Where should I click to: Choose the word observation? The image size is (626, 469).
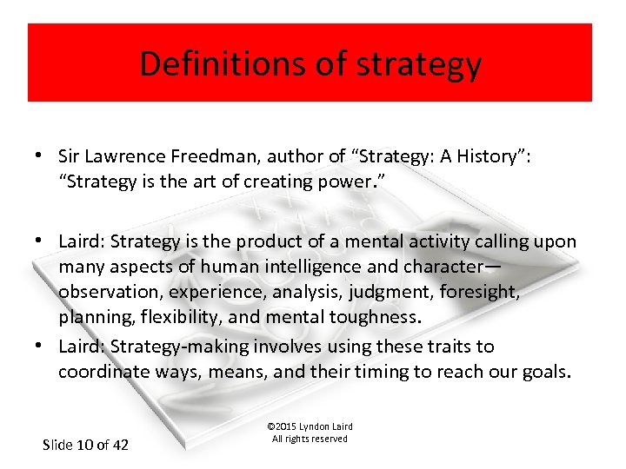tap(110, 291)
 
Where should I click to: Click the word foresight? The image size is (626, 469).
tap(482, 291)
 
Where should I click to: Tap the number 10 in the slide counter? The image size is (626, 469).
tap(85, 445)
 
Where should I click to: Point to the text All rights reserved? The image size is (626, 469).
tap(310, 439)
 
